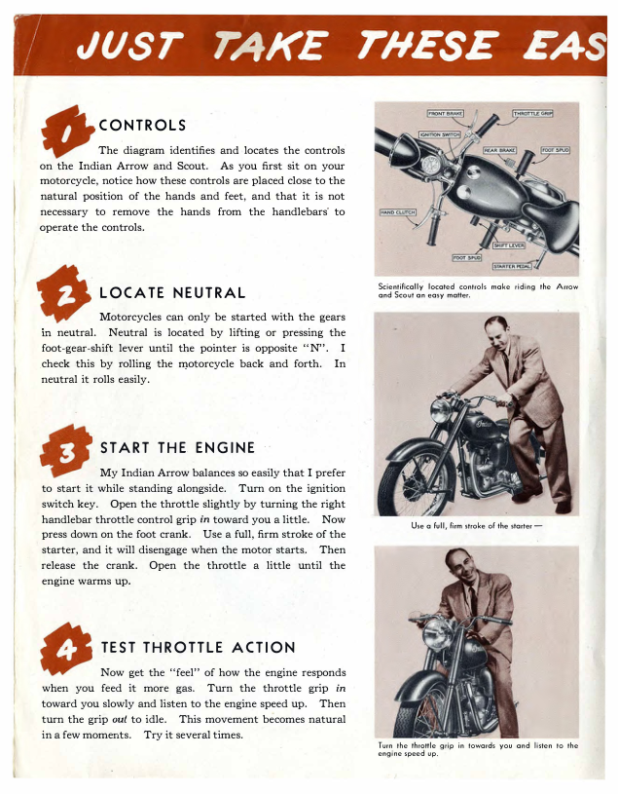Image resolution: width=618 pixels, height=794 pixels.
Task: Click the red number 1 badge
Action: point(67,132)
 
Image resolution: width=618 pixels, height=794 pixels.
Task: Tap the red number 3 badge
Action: point(66,451)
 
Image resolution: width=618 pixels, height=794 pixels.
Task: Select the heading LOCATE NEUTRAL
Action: point(172,292)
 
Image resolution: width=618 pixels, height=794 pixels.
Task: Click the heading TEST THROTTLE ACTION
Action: point(198,647)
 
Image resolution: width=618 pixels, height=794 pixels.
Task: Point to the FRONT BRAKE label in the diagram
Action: point(445,114)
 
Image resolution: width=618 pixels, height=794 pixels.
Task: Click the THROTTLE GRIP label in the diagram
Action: point(532,114)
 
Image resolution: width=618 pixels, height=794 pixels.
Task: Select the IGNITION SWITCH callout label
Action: point(440,134)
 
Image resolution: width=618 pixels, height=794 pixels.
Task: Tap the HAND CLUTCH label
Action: point(397,212)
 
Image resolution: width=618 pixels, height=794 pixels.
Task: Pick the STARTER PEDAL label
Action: point(512,266)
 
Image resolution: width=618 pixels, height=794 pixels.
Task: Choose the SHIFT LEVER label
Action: point(509,246)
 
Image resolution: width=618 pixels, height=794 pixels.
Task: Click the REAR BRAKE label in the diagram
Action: point(499,150)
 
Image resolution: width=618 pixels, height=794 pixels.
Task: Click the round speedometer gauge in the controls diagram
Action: point(431,166)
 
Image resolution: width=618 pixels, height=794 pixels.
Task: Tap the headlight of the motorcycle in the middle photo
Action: point(440,411)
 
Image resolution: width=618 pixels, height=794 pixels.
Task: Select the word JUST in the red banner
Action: point(129,46)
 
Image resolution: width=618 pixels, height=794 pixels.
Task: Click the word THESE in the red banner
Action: point(426,46)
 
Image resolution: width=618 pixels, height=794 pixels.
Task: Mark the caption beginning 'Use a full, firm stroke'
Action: point(477,526)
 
